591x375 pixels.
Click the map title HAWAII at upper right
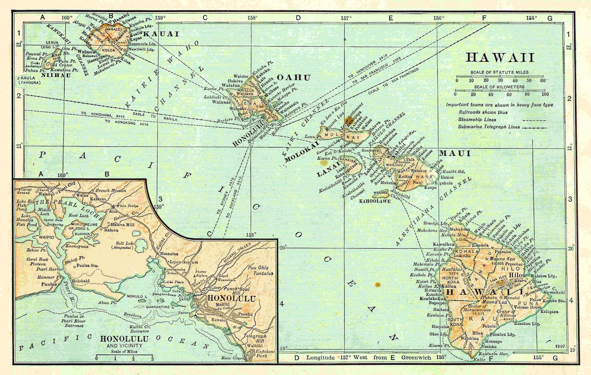[x=500, y=58]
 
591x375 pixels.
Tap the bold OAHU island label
[x=294, y=78]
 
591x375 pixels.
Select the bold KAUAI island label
[x=161, y=34]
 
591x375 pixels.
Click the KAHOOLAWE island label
[x=375, y=201]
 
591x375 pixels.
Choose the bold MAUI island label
[x=455, y=153]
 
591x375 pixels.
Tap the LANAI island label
[x=328, y=169]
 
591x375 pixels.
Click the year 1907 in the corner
[x=560, y=347]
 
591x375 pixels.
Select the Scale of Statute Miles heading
[x=499, y=72]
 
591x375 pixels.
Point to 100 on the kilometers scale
[x=545, y=94]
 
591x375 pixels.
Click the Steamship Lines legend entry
[x=477, y=120]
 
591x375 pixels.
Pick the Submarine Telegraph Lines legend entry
[x=489, y=127]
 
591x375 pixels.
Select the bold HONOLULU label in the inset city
[x=232, y=299]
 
